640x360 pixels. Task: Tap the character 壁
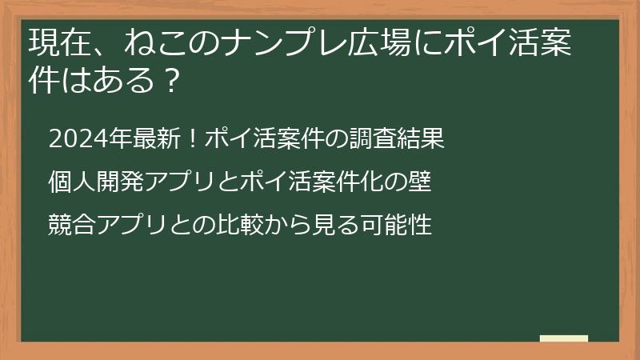pyautogui.click(x=422, y=182)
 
